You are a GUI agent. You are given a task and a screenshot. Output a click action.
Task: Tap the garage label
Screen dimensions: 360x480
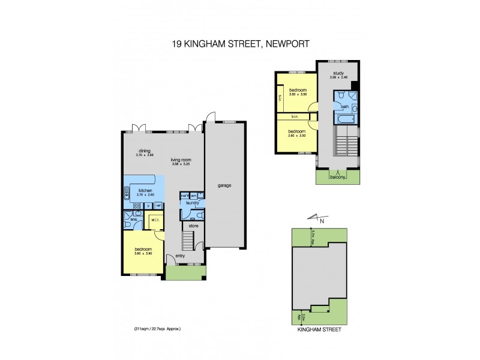(x=225, y=185)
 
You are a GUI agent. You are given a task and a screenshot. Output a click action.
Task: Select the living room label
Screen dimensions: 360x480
(x=180, y=160)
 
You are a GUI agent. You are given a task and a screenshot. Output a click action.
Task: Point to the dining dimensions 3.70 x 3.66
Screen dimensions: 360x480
(x=145, y=155)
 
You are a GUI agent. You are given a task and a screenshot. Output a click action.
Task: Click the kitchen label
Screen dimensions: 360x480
(x=145, y=190)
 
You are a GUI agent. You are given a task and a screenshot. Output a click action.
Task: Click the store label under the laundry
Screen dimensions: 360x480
(x=193, y=226)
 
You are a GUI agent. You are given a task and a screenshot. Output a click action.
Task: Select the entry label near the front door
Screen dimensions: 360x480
(x=181, y=255)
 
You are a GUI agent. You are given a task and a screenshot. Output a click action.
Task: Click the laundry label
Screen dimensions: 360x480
(x=192, y=203)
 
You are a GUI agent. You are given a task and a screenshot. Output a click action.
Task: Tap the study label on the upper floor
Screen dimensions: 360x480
(x=338, y=73)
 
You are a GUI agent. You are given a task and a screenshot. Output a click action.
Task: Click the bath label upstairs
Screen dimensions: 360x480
(x=344, y=107)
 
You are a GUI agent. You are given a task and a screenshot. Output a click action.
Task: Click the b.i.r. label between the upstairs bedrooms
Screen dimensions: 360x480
(x=295, y=117)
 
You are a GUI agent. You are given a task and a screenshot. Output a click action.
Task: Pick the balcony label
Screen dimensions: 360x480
(x=337, y=177)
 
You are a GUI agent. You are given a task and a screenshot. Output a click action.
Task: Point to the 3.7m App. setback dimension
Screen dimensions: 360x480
(x=313, y=238)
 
